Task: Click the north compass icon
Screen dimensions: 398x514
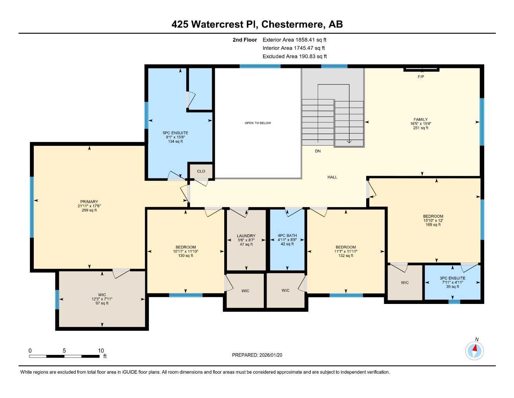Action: coord(474,351)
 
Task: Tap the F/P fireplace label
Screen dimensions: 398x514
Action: coord(421,77)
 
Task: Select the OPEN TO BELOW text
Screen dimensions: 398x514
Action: coord(258,123)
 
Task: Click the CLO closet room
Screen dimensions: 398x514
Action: coord(201,171)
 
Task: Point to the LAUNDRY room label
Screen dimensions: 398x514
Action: coord(246,236)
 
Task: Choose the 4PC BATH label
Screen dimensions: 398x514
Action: coord(287,236)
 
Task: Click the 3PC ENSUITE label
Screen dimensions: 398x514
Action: coord(452,278)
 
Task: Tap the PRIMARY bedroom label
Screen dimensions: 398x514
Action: coord(89,202)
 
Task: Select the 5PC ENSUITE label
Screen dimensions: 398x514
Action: coord(175,133)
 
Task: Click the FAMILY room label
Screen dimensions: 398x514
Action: coord(421,120)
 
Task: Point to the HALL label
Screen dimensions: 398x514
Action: coord(332,177)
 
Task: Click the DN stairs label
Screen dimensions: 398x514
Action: coord(318,151)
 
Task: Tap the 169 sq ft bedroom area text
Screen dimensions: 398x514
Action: coord(433,225)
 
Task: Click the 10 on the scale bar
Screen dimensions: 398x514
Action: coord(101,351)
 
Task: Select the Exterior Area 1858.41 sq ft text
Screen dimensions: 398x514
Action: coord(294,40)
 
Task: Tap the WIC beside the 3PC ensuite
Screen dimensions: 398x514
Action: coord(405,283)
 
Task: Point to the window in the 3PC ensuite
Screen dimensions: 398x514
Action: coord(454,301)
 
